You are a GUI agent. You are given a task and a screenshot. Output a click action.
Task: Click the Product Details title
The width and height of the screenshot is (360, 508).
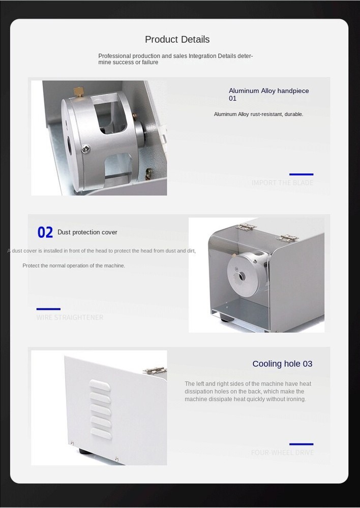tap(177, 40)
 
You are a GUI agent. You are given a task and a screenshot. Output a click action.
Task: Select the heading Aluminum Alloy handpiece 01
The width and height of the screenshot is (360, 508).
tap(268, 94)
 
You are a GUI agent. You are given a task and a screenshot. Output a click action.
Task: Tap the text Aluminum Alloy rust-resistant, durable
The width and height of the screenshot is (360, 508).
tap(258, 114)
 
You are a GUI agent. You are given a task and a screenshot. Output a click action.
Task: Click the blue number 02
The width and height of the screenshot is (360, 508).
tap(45, 233)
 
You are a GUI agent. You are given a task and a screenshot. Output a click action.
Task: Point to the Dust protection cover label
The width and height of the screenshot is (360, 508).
tap(87, 232)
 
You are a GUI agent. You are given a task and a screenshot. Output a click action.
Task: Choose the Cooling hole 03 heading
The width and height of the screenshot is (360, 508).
tap(282, 364)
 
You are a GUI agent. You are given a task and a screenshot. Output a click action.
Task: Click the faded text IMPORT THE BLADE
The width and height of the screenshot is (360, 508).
tap(282, 183)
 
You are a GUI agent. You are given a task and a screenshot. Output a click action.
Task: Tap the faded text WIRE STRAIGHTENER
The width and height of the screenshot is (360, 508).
tap(70, 317)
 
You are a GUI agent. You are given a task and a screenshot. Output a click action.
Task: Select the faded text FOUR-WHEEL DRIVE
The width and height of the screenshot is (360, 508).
tap(282, 453)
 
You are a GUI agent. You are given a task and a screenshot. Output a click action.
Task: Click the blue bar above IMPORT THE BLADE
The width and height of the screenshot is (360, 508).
tap(301, 174)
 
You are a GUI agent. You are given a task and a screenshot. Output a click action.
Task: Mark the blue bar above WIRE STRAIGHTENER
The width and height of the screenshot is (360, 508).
tap(48, 309)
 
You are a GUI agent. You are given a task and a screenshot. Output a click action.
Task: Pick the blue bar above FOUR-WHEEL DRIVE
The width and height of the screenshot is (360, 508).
tap(301, 444)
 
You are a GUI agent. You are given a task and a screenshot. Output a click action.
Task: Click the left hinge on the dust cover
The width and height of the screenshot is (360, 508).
tap(247, 227)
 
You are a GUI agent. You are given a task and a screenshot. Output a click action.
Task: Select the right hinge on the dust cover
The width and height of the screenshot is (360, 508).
tap(288, 237)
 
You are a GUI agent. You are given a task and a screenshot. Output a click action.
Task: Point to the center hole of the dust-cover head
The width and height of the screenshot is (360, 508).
tap(242, 276)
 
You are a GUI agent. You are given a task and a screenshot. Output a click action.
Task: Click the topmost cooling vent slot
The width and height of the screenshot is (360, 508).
tap(100, 387)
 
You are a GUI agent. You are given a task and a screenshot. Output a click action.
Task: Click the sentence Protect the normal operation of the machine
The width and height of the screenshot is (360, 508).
tap(74, 266)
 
